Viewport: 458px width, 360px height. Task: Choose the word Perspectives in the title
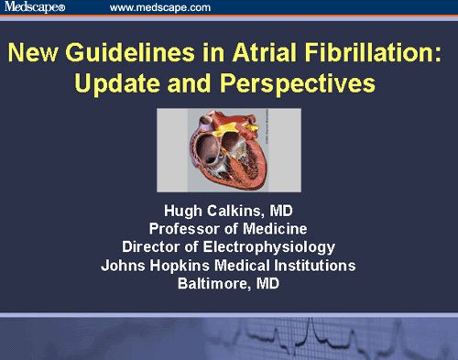pyautogui.click(x=299, y=84)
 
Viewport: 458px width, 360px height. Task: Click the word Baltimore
pyautogui.click(x=210, y=281)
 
